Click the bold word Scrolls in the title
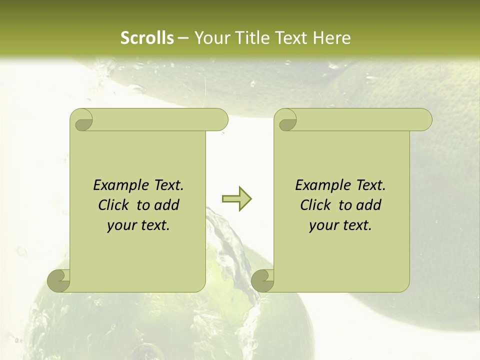coord(147,38)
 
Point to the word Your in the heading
coord(209,38)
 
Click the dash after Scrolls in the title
coord(183,38)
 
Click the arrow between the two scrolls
coord(236,199)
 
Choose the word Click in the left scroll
coord(114,205)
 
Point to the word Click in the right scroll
coord(316,205)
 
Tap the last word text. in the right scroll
coord(357,225)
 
